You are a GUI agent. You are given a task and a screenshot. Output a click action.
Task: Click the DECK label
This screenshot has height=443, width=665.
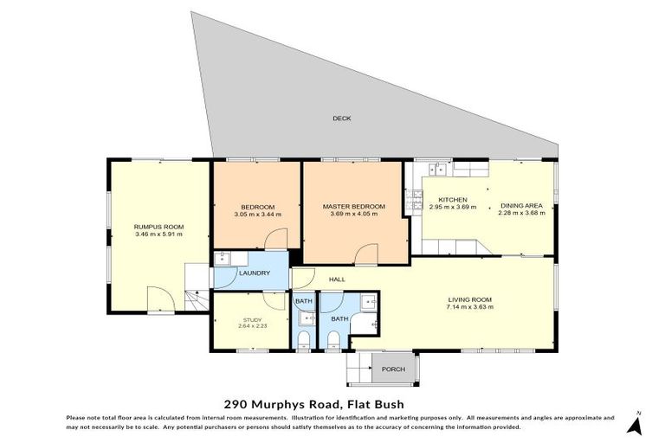pyautogui.click(x=342, y=118)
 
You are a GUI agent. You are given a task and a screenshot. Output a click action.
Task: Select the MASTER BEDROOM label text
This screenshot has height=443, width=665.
pyautogui.click(x=353, y=207)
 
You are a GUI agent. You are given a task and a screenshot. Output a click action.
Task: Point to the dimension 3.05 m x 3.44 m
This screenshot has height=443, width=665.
pyautogui.click(x=257, y=215)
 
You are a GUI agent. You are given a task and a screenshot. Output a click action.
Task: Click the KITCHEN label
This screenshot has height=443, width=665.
pyautogui.click(x=452, y=199)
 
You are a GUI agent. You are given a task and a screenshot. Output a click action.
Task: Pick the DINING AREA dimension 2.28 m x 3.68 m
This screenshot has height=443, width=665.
pyautogui.click(x=521, y=214)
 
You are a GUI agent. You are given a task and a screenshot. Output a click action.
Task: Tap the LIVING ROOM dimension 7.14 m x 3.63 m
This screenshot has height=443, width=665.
pyautogui.click(x=469, y=306)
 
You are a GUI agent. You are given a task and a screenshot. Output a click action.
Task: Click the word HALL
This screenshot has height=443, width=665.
pyautogui.click(x=337, y=279)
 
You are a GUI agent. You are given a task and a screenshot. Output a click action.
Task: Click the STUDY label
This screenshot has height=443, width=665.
pyautogui.click(x=251, y=320)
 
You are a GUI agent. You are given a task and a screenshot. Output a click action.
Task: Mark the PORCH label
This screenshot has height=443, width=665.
pyautogui.click(x=394, y=369)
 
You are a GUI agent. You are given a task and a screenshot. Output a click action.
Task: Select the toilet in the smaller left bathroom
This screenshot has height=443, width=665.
pyautogui.click(x=304, y=338)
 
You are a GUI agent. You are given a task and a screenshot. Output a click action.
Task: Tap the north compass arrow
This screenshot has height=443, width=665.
pyautogui.click(x=635, y=424)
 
